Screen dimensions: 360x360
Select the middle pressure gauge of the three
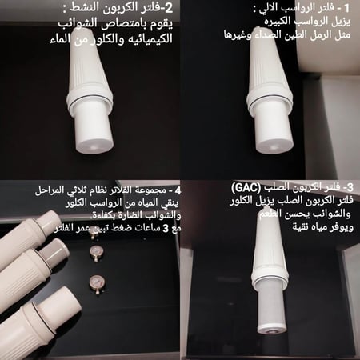(98, 253)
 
